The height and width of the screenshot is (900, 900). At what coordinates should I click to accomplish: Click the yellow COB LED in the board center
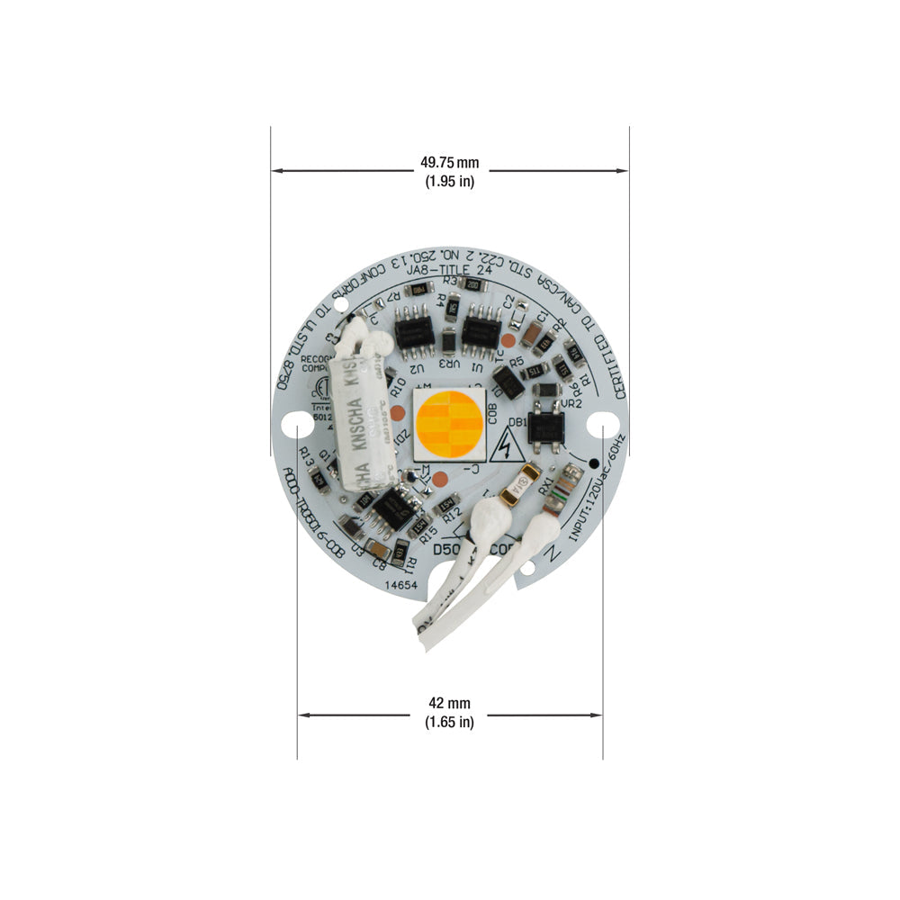(449, 423)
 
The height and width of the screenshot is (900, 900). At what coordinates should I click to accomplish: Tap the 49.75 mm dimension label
(449, 172)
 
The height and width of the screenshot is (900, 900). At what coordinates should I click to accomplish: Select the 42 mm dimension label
(449, 712)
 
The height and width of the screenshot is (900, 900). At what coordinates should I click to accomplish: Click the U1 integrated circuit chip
(481, 335)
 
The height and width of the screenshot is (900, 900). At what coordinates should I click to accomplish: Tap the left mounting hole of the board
(292, 423)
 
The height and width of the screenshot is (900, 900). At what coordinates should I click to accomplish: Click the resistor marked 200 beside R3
(473, 285)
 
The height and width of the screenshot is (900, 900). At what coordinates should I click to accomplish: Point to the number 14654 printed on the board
(401, 585)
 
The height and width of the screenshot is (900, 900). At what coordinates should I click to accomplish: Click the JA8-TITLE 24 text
(446, 266)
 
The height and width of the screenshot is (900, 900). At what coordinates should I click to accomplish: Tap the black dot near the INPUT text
(594, 463)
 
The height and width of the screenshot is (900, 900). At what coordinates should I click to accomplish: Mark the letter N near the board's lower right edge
(553, 555)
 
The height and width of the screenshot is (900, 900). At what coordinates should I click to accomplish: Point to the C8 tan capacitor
(379, 550)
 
